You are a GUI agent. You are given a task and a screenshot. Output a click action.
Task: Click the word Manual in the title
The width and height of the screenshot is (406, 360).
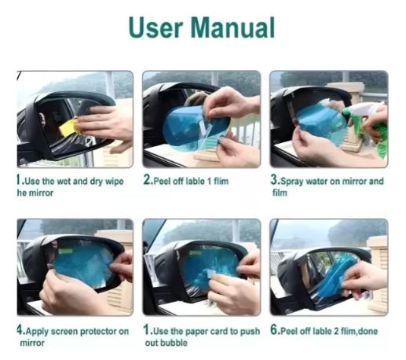click(x=232, y=28)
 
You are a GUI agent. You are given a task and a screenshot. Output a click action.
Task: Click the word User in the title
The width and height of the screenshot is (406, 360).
click(x=155, y=28)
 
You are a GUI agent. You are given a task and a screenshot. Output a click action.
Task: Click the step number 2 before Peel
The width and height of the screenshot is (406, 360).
click(x=147, y=179)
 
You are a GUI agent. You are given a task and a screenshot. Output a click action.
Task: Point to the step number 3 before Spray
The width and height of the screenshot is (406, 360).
click(x=274, y=179)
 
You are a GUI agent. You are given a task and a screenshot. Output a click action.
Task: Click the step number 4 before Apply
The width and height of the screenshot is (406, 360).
click(x=20, y=329)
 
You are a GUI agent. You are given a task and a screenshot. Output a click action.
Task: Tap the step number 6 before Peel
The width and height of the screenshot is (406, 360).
click(x=274, y=329)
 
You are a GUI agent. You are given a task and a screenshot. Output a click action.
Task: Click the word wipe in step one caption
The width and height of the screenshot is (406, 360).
click(x=114, y=182)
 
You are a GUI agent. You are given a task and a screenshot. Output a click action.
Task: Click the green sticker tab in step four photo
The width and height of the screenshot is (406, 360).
click(x=65, y=252)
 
